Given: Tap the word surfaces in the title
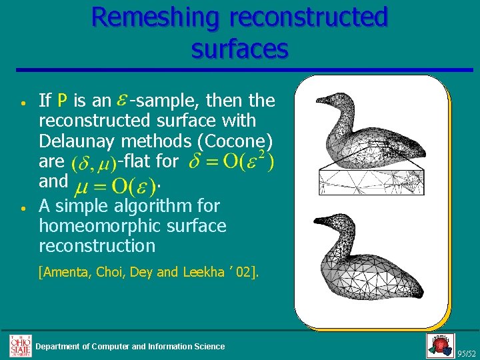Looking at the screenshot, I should pos(239,48).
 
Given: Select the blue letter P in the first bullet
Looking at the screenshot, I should pos(62,101).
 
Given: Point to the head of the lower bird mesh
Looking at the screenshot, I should pos(327,223).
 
